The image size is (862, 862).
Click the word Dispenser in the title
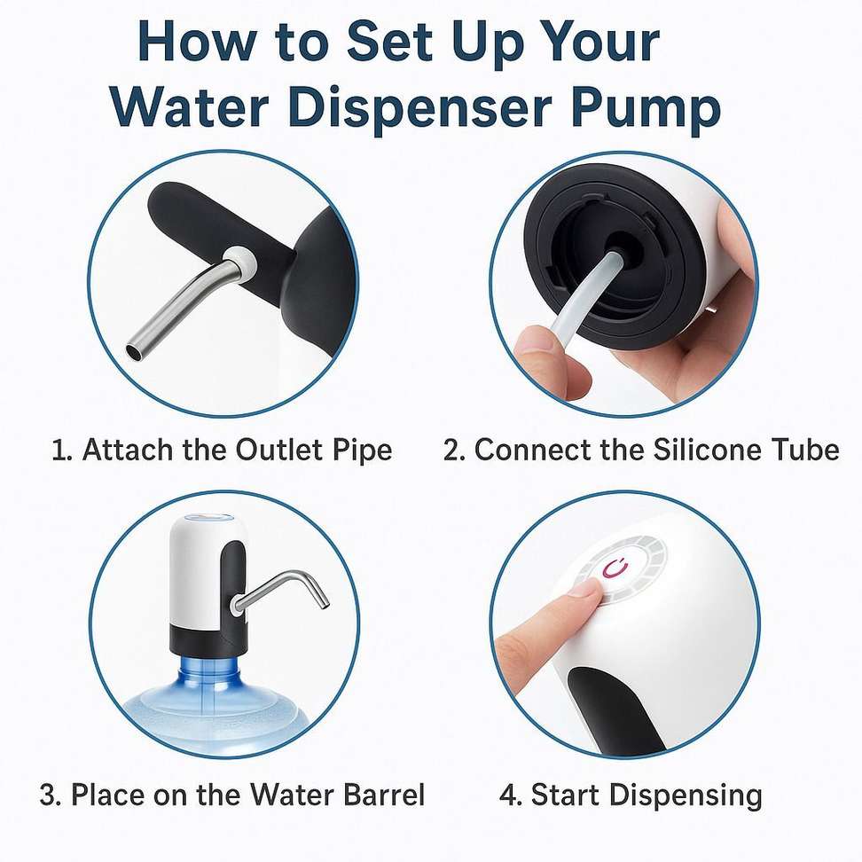(x=419, y=107)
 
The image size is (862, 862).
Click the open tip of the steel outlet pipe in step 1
(x=134, y=351)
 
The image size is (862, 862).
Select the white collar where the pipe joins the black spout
(x=241, y=258)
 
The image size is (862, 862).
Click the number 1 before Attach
(x=59, y=451)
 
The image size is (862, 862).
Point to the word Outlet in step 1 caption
(x=278, y=449)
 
